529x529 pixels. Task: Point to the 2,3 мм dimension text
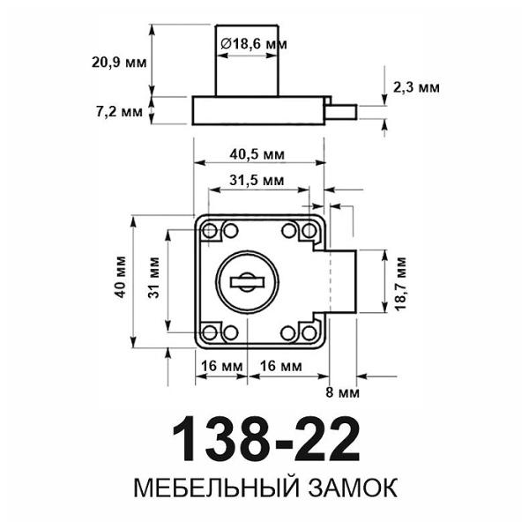point(416,87)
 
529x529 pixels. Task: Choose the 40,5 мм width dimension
point(257,153)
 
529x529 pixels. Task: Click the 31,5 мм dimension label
point(257,180)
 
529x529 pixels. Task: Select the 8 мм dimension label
point(340,391)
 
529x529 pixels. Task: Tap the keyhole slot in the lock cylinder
point(248,282)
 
